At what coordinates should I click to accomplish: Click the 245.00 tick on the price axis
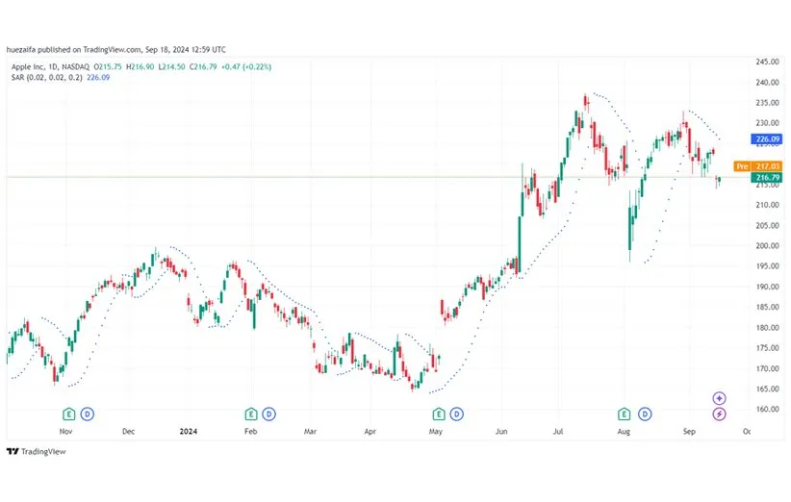coord(767,62)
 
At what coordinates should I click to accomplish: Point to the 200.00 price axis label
coord(767,245)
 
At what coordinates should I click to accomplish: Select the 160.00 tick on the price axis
coord(767,410)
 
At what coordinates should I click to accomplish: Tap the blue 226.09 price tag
coord(767,139)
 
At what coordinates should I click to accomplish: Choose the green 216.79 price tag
coord(767,178)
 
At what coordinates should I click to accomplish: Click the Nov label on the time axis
coord(65,433)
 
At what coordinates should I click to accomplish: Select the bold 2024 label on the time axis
coord(189,433)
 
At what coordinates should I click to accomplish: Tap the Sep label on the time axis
coord(687,433)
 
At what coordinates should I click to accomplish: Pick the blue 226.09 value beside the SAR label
coord(98,78)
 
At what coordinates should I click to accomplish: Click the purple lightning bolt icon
coord(719,414)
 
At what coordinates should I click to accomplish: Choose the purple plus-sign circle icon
coord(719,398)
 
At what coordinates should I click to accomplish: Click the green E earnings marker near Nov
coord(69,414)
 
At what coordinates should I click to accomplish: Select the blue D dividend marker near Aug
coord(642,414)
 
